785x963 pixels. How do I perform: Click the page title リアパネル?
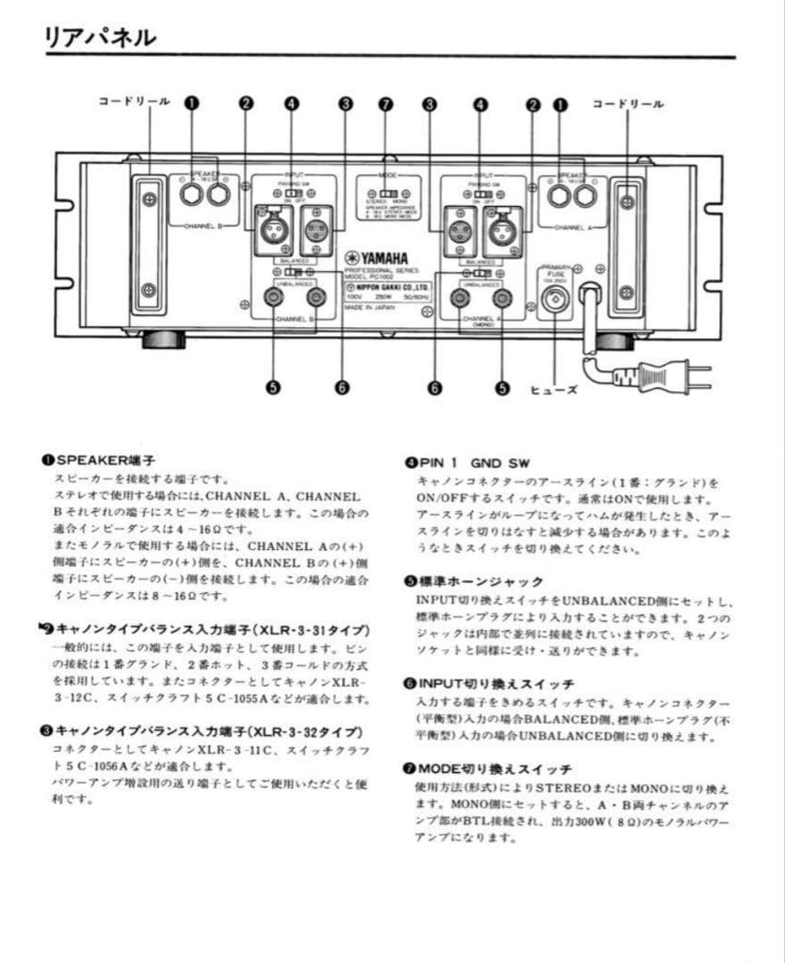[x=100, y=37]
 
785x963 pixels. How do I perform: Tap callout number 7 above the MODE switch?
[x=385, y=104]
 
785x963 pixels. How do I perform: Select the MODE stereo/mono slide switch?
[x=385, y=192]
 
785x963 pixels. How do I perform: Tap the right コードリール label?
[x=628, y=104]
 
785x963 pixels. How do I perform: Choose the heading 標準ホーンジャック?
[x=474, y=581]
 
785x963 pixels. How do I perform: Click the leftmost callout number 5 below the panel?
[x=272, y=387]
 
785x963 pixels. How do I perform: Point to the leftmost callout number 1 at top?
[x=190, y=103]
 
